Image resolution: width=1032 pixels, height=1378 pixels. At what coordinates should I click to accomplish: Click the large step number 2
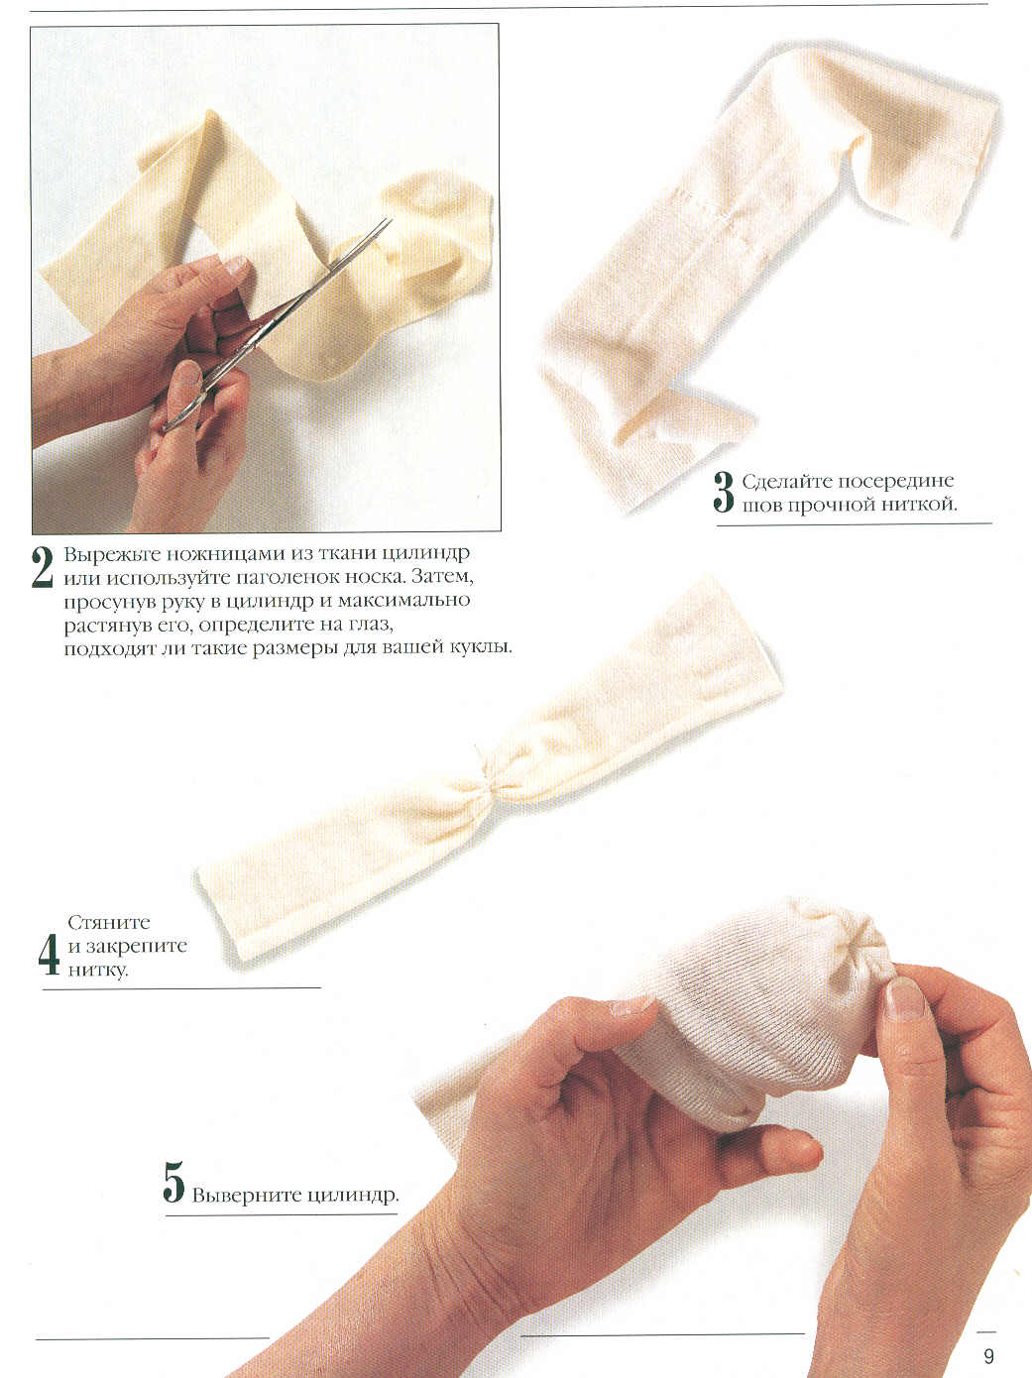click(42, 567)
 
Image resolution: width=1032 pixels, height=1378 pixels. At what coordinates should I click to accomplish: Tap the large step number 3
click(724, 492)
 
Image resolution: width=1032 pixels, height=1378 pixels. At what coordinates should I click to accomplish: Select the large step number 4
click(49, 955)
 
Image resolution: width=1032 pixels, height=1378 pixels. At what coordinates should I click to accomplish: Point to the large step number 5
click(173, 1182)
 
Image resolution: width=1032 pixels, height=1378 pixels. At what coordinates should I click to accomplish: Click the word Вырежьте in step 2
click(111, 555)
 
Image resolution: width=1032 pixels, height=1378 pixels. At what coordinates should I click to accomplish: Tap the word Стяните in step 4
click(109, 923)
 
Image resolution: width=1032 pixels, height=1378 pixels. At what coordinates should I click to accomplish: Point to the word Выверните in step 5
click(241, 1195)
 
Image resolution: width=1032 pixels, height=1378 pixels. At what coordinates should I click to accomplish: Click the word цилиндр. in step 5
click(347, 1196)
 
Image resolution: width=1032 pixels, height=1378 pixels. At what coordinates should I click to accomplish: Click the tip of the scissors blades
click(391, 220)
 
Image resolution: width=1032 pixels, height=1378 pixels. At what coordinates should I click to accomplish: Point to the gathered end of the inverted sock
click(869, 955)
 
